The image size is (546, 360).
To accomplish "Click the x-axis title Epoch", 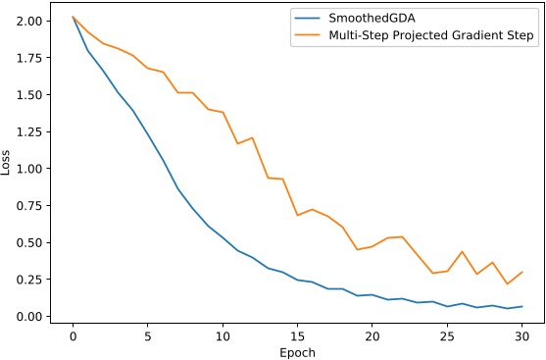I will click(296, 350).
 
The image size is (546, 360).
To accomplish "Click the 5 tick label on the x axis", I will click(147, 334).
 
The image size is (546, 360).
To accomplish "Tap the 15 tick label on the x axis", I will click(297, 334).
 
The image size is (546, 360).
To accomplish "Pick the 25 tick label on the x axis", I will click(447, 334).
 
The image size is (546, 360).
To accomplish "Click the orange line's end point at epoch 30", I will click(522, 272).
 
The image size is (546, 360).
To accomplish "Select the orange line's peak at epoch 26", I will click(463, 251).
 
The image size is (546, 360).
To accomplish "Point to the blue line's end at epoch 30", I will click(522, 307).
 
